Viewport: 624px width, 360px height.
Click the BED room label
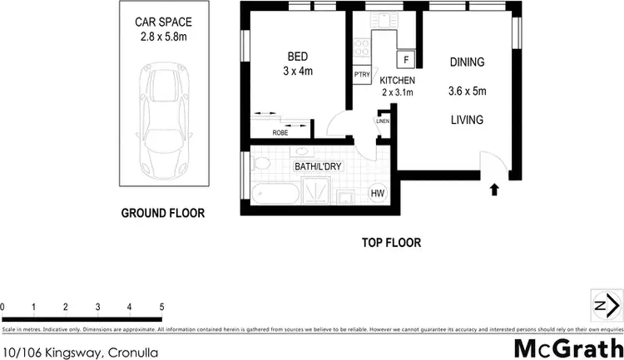coord(298,57)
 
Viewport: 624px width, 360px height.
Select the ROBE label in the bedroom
coord(281,132)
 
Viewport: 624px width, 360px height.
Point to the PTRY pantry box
coord(362,75)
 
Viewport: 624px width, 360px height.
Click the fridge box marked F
coord(406,60)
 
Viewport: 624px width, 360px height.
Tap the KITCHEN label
coord(397,81)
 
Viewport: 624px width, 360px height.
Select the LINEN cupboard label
coord(383,121)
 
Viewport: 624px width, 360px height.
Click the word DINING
coord(467,62)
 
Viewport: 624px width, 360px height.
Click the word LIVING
coord(466,120)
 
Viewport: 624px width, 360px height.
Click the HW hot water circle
coord(377,193)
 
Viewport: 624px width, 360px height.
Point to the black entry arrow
coord(496,190)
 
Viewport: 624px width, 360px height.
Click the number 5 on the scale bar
coord(161,308)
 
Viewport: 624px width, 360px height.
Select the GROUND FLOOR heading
coord(163,213)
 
